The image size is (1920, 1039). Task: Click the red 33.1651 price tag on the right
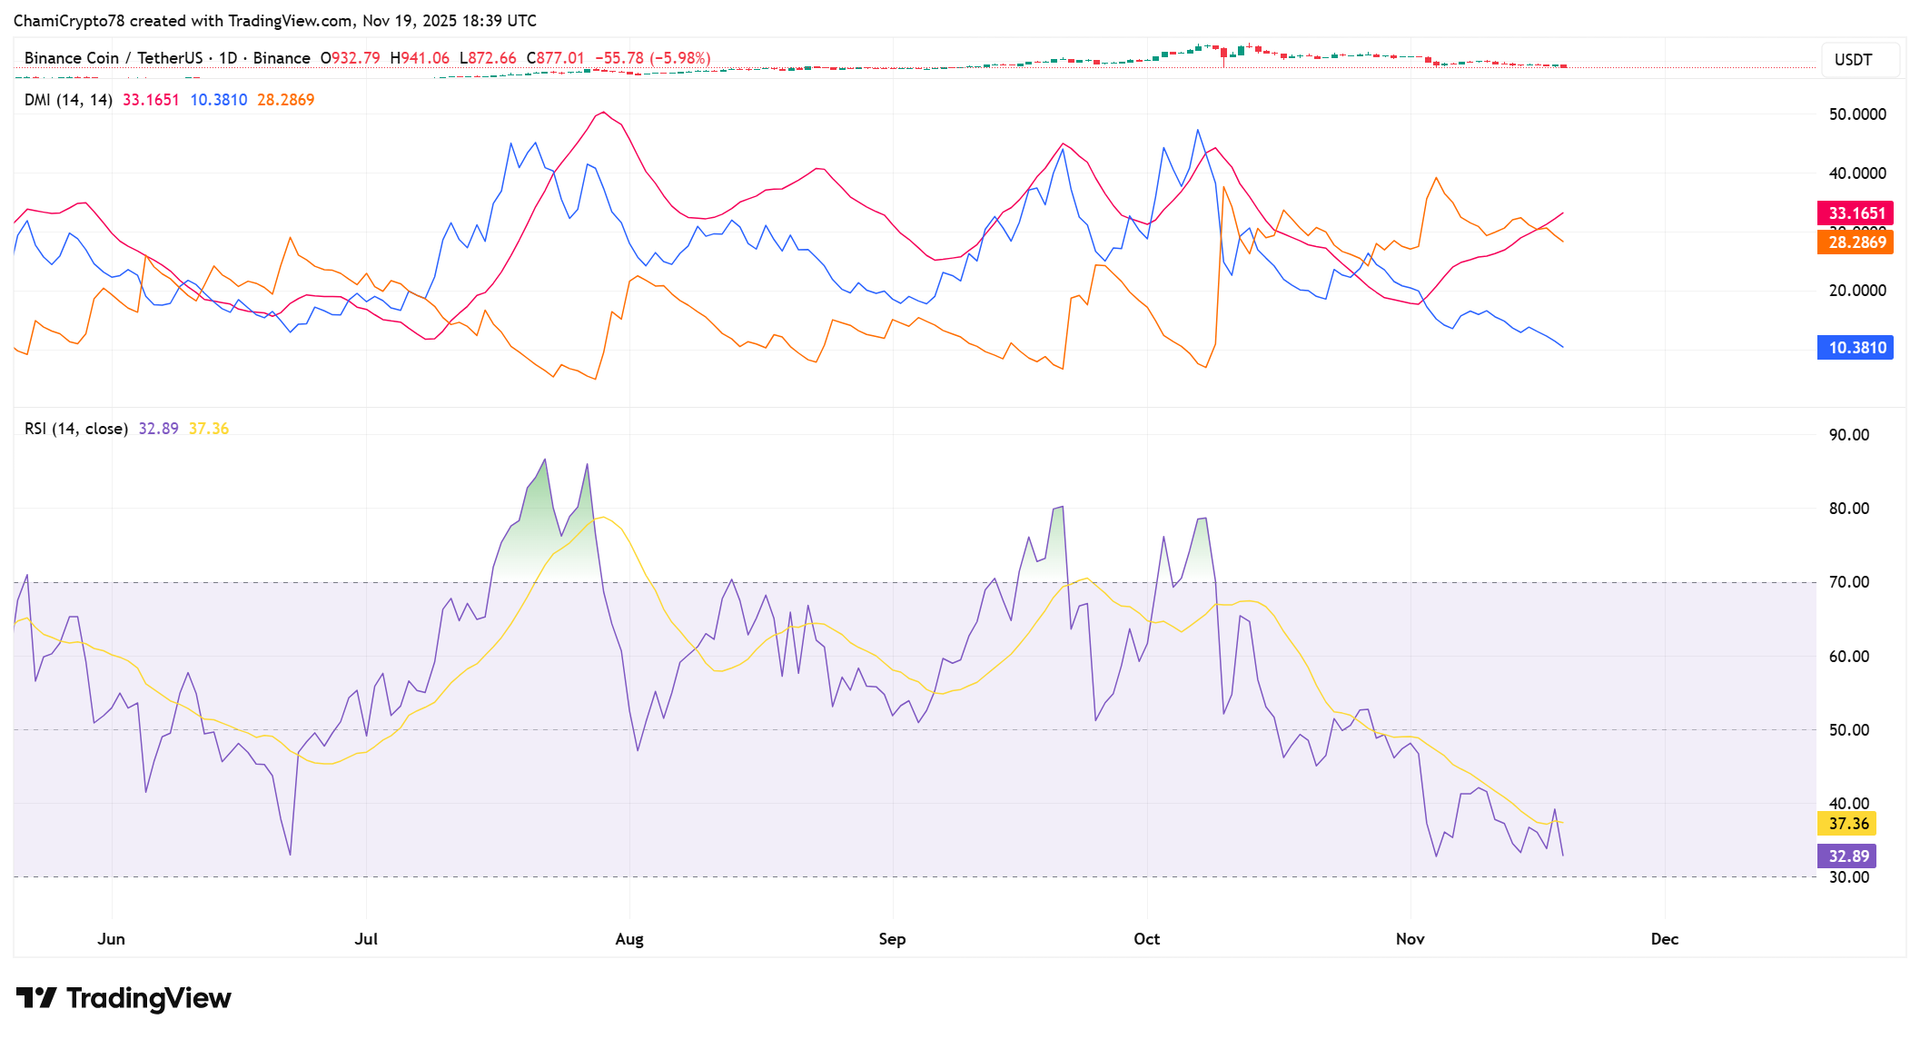1856,213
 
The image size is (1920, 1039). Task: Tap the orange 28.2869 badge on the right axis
1856,242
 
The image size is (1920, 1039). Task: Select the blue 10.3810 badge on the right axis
1856,348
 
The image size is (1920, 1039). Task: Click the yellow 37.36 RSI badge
1847,824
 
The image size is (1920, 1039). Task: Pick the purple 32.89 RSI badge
1847,856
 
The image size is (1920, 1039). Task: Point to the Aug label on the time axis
629,939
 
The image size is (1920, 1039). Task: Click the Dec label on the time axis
1664,939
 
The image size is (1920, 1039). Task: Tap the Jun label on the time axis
111,939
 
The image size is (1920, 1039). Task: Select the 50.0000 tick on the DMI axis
1856,114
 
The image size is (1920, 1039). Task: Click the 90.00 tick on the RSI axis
1848,435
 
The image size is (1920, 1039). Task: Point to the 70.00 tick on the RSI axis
1848,582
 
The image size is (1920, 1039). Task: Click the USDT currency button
1853,60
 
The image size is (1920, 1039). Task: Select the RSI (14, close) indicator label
76,429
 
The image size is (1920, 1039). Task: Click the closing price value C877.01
556,58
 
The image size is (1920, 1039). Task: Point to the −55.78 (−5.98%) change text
653,58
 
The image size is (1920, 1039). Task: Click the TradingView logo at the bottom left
124,998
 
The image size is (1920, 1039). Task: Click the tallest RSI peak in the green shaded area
545,460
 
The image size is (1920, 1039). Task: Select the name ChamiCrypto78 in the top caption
69,21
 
